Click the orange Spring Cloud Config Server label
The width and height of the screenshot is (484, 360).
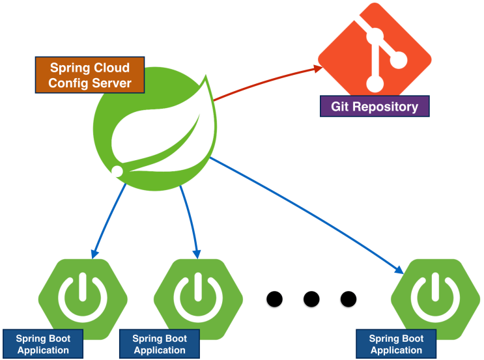(89, 75)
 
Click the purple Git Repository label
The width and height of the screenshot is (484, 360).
(375, 106)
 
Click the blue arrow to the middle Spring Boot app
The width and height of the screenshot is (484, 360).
(190, 218)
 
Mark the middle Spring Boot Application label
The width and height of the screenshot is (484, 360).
(159, 344)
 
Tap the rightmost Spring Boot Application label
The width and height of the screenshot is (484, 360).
(396, 344)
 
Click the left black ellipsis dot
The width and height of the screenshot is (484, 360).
(275, 299)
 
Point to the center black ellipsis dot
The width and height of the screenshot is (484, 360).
(311, 299)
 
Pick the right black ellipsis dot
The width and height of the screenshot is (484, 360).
(349, 299)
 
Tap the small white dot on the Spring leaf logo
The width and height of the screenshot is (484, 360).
(117, 171)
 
